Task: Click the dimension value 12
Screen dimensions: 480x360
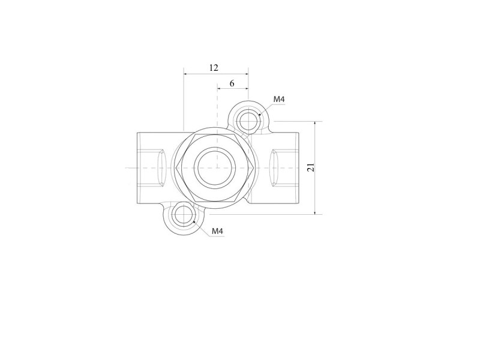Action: click(x=214, y=68)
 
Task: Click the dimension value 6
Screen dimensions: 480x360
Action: click(x=232, y=83)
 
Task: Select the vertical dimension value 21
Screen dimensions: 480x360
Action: click(x=311, y=167)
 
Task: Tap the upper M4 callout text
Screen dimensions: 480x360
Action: click(x=279, y=99)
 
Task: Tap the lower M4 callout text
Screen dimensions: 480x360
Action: click(x=218, y=231)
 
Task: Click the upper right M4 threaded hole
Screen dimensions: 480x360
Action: click(x=248, y=121)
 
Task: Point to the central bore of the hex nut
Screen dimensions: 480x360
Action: click(x=214, y=167)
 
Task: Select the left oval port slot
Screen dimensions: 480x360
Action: click(x=161, y=168)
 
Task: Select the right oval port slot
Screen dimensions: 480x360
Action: click(x=274, y=168)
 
